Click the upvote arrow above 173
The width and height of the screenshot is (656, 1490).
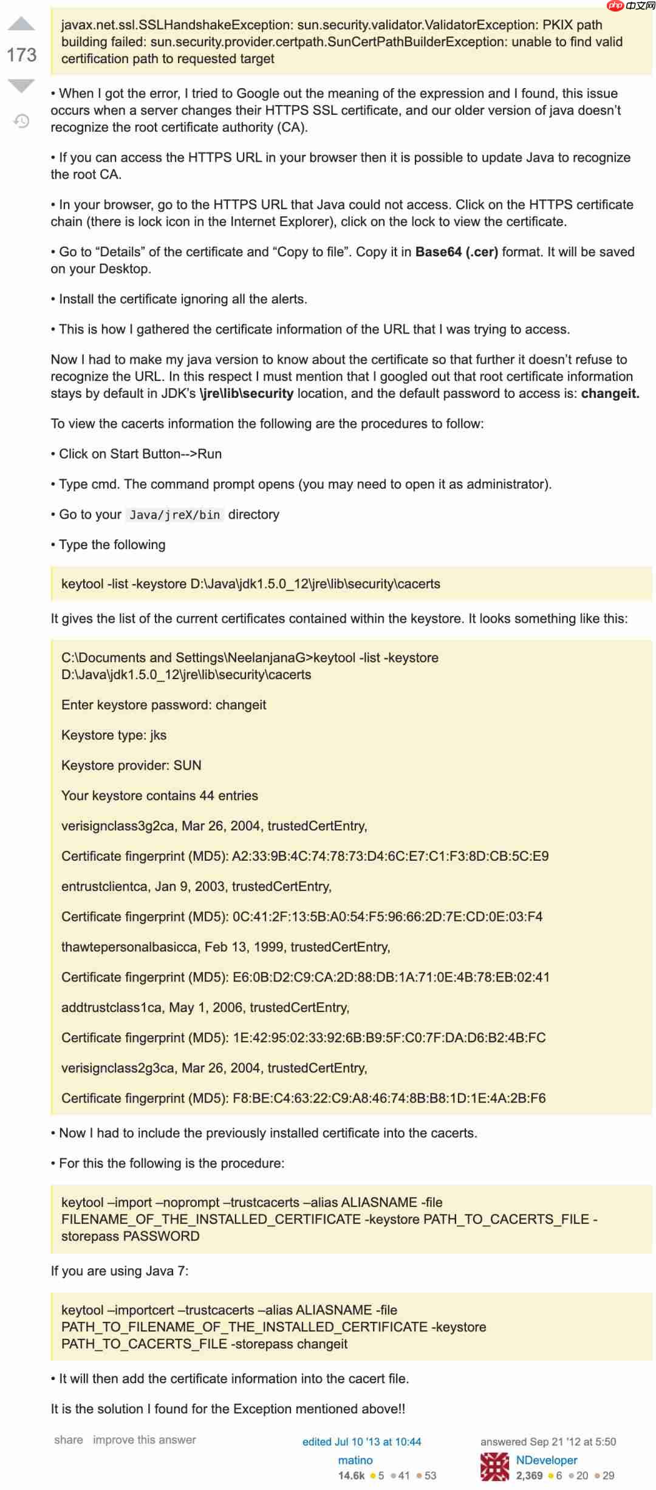(21, 24)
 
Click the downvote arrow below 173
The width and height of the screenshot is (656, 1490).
(21, 86)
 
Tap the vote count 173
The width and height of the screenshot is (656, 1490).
(21, 55)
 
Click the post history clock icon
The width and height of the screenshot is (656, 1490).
(21, 121)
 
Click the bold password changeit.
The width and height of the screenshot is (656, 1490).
(610, 394)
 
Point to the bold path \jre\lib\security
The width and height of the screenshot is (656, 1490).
(247, 394)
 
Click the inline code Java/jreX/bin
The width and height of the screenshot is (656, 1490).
(175, 515)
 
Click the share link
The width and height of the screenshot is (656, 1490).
(69, 1440)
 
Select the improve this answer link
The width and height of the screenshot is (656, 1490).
(145, 1440)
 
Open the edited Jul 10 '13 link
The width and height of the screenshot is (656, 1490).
(361, 1441)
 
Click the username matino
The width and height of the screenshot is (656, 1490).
(355, 1460)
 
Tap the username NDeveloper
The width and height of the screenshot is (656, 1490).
(547, 1460)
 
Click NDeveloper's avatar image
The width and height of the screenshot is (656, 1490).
(494, 1467)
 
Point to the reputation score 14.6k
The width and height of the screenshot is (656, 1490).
(351, 1475)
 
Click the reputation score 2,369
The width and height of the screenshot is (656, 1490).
(529, 1475)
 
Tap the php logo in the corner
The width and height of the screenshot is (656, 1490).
(615, 6)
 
